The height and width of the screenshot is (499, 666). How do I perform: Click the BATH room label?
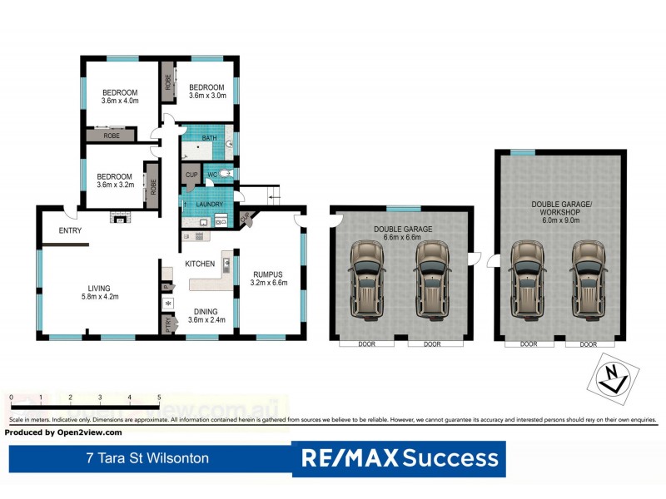(x=209, y=137)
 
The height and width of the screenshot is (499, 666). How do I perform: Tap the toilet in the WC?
(x=225, y=175)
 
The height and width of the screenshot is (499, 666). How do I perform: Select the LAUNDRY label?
(x=209, y=204)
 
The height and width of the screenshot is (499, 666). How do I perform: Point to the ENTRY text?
(x=70, y=230)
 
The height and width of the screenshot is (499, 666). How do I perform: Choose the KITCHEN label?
(x=200, y=264)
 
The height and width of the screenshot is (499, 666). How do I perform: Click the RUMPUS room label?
(x=268, y=278)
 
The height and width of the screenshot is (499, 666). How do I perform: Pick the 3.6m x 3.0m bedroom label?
(x=206, y=91)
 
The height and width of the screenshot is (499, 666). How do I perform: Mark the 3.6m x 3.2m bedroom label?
(x=114, y=180)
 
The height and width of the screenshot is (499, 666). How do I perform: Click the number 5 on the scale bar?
(x=158, y=398)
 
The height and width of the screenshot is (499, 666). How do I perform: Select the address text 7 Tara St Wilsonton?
(x=147, y=457)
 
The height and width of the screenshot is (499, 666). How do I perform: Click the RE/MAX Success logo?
(x=400, y=457)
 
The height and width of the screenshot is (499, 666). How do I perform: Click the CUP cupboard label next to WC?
(x=191, y=175)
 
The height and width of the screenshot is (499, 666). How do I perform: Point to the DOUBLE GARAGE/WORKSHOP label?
(x=559, y=207)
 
